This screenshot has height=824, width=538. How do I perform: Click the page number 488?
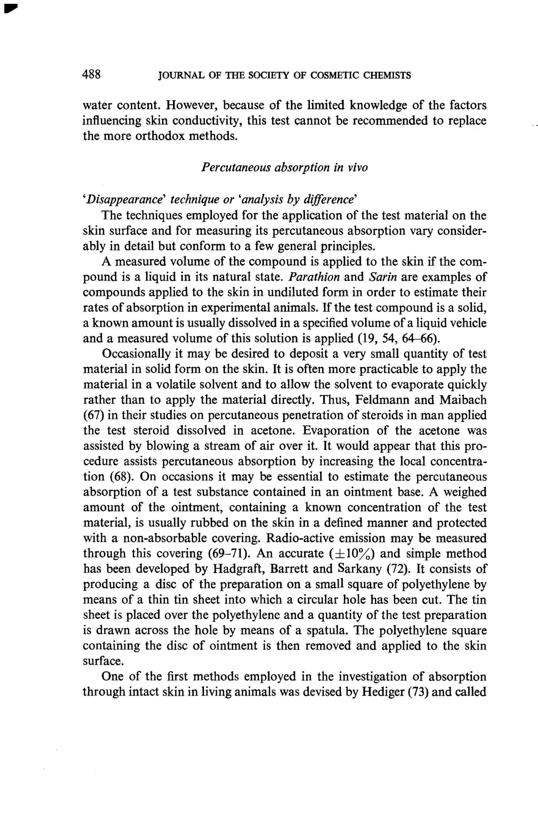pyautogui.click(x=92, y=74)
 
